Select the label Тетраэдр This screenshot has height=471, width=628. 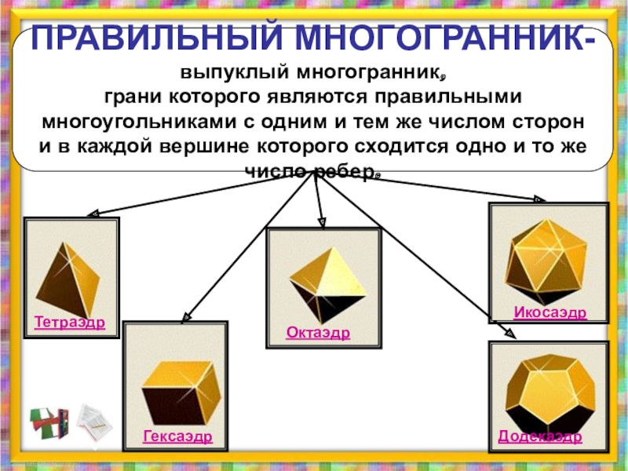(70, 323)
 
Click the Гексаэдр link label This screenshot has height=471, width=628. (177, 436)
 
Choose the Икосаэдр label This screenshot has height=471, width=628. (550, 313)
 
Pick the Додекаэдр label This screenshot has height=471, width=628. (540, 436)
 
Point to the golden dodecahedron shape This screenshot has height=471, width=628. (548, 389)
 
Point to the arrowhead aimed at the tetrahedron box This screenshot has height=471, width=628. (92, 213)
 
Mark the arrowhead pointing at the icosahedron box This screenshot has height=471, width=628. (539, 199)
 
